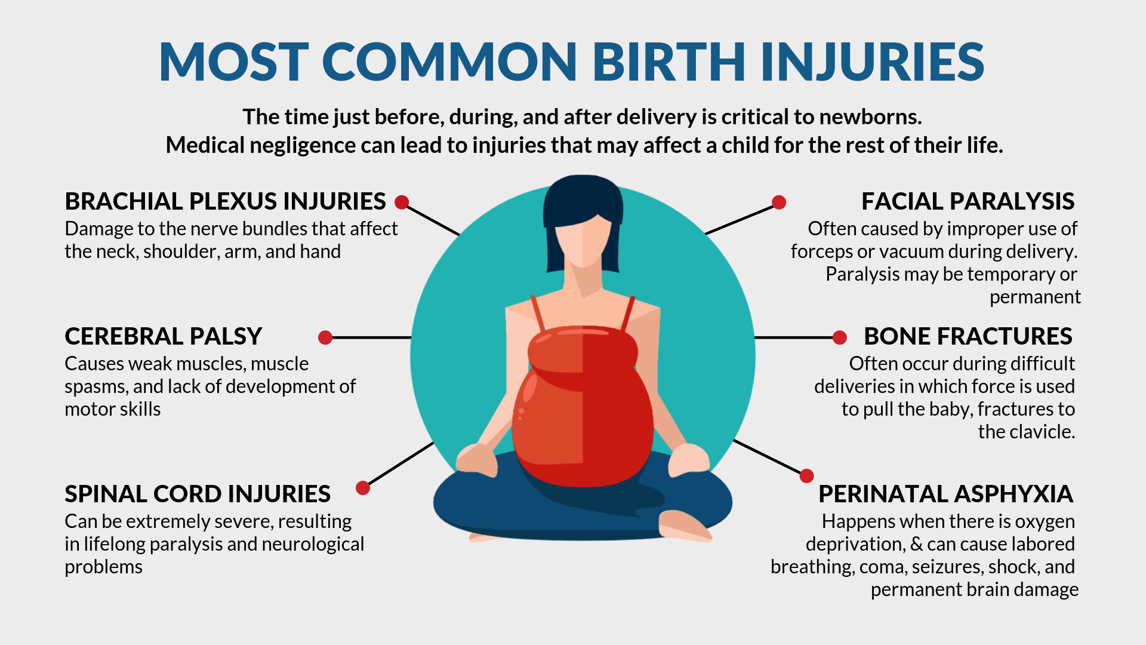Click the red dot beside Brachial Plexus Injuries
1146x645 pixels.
tap(402, 202)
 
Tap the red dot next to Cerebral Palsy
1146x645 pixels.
tap(325, 337)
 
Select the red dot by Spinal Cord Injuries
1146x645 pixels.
tap(363, 488)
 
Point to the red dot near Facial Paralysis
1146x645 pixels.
tap(779, 202)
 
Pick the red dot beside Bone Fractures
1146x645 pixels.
tap(840, 337)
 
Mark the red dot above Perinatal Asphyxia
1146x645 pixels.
tap(806, 475)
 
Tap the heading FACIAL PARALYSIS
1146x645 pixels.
tap(968, 201)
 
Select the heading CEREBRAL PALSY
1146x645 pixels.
tap(163, 336)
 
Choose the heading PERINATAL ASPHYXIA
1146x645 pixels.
tap(945, 494)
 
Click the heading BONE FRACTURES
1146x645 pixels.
tap(968, 336)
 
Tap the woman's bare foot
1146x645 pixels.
tap(684, 526)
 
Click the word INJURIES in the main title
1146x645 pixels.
tap(872, 62)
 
